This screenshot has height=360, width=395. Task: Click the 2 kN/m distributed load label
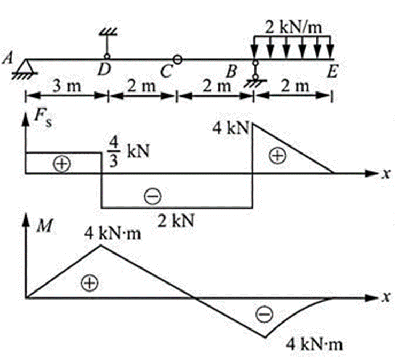[293, 27]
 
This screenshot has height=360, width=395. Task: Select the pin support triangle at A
[26, 66]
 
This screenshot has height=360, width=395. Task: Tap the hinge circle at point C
[177, 60]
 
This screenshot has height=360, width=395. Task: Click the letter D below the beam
[104, 70]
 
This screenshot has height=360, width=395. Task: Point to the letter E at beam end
[332, 71]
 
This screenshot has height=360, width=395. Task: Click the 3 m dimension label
[66, 86]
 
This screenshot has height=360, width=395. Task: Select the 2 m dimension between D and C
[142, 86]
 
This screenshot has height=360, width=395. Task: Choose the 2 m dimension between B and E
[295, 86]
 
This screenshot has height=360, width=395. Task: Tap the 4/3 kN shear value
[128, 152]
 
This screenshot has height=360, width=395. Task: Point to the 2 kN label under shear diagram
[176, 221]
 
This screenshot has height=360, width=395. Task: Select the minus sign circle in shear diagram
[153, 196]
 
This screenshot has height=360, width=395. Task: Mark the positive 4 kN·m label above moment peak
[112, 233]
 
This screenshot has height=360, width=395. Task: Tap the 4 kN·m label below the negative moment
[314, 344]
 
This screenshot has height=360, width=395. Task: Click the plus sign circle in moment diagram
[89, 282]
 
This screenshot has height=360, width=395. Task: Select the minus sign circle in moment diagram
[265, 314]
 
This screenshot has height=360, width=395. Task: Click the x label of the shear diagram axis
[386, 174]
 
